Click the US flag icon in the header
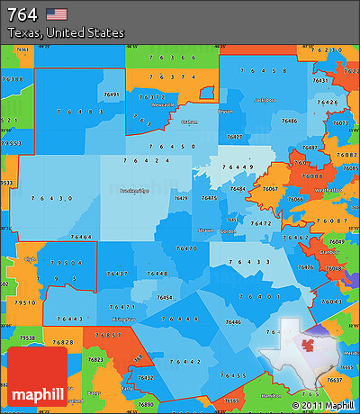56,13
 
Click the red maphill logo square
36,377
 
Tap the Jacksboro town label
265,100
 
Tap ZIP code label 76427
234,137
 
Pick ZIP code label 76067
269,189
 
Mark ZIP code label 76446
233,321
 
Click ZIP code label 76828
64,343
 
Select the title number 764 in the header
22,13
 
